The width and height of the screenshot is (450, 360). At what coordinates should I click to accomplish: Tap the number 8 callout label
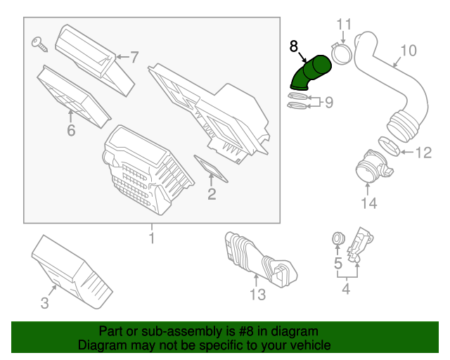294,46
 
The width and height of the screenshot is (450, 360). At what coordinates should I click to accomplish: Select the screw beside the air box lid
39,44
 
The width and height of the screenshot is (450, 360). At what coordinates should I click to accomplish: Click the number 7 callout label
134,56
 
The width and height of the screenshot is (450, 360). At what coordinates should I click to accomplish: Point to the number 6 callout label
70,131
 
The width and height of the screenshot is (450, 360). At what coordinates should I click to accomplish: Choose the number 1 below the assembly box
151,239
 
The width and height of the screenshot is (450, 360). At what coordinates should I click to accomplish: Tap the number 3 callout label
44,303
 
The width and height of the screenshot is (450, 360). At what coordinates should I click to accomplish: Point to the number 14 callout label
368,203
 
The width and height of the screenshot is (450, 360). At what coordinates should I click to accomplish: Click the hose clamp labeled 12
391,148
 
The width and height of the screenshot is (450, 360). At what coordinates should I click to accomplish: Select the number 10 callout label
409,50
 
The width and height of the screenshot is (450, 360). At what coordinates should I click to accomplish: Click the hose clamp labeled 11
342,52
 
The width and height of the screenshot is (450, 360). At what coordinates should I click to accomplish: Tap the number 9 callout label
328,103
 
